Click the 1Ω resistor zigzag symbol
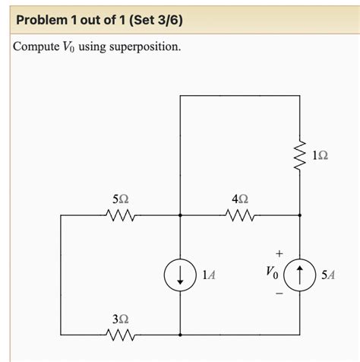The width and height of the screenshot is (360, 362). pos(302,155)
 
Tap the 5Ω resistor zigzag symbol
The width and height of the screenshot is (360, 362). pos(121,216)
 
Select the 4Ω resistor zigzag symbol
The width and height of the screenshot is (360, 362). pos(239,216)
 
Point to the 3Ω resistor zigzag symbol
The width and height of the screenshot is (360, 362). pos(121,335)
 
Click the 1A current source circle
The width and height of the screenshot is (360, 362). pos(180,275)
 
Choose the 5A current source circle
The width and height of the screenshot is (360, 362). pos(302,275)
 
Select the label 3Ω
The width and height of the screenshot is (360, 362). pos(121,317)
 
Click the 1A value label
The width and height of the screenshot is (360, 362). pos(207,275)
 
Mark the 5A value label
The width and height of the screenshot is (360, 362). pos(328,275)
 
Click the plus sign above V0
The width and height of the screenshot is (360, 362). pos(279,252)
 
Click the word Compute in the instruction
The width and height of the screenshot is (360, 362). pos(36,47)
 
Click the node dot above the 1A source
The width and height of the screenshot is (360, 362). pos(180,216)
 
